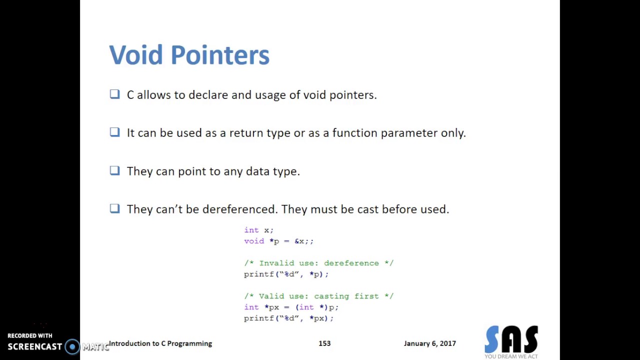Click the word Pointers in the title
[x=220, y=55]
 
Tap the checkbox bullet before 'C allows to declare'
[x=115, y=94]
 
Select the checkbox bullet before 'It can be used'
[x=115, y=132]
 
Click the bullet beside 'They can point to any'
[x=115, y=170]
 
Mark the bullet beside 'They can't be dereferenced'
[x=115, y=208]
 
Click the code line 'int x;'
[x=258, y=230]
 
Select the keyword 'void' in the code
[x=254, y=241]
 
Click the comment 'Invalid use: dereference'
[x=318, y=263]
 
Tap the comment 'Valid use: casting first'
[x=318, y=296]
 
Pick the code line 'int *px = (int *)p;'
[x=291, y=307]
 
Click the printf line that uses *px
[x=288, y=318]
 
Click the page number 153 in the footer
[x=324, y=343]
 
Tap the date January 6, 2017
[x=430, y=343]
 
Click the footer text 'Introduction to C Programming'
[x=160, y=343]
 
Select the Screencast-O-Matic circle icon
[x=72, y=346]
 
